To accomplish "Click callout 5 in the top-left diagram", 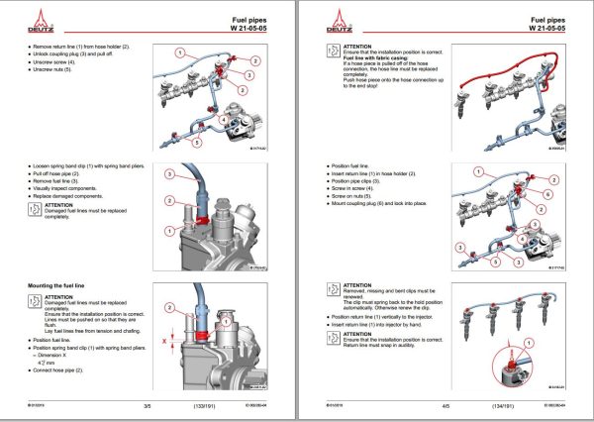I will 196,142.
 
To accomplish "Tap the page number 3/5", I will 147,405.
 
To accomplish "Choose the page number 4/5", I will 446,405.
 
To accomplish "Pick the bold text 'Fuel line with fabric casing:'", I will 379,59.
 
